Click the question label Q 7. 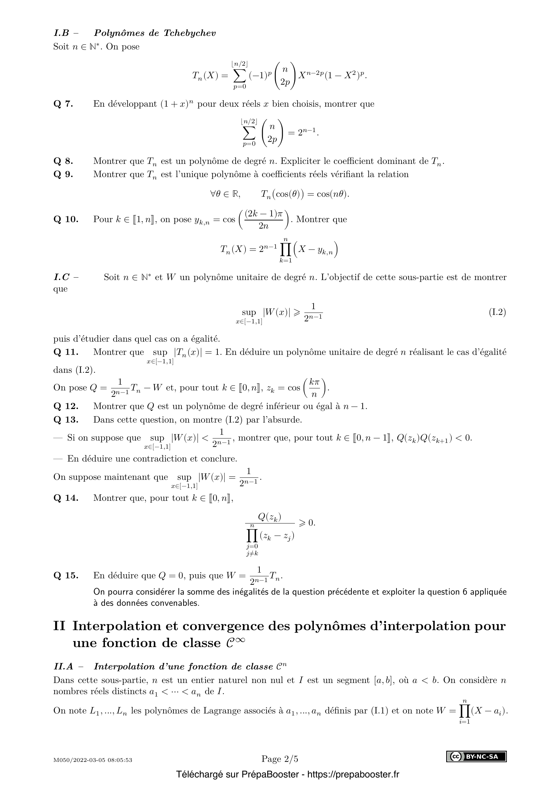pos(63,104)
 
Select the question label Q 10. pos(66,219)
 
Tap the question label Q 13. pos(66,420)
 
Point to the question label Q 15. pos(66,575)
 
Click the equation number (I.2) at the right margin pos(497,313)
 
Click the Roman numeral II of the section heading pos(59,626)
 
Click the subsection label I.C pos(62,277)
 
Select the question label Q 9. pos(63,174)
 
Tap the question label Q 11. pos(66,352)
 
